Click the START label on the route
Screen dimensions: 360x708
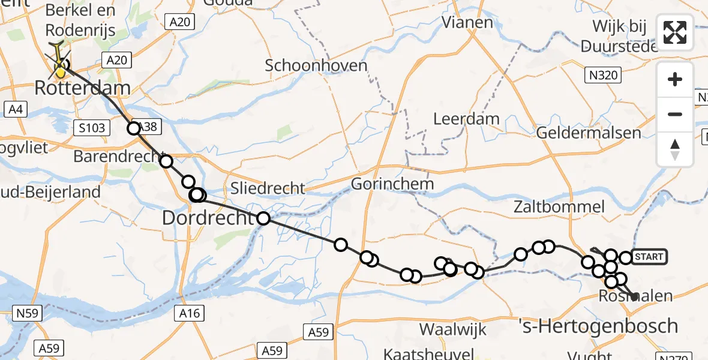point(649,257)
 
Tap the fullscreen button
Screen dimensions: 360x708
point(675,32)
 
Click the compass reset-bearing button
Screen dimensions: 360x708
point(675,149)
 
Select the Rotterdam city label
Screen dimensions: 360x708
point(82,88)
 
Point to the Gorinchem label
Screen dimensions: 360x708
point(392,184)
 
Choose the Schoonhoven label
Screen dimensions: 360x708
point(316,65)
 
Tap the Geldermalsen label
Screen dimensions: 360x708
point(588,133)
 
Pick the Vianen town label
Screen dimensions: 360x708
point(467,23)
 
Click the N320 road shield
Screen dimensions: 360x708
point(602,75)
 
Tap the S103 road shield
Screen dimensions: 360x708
point(91,127)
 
